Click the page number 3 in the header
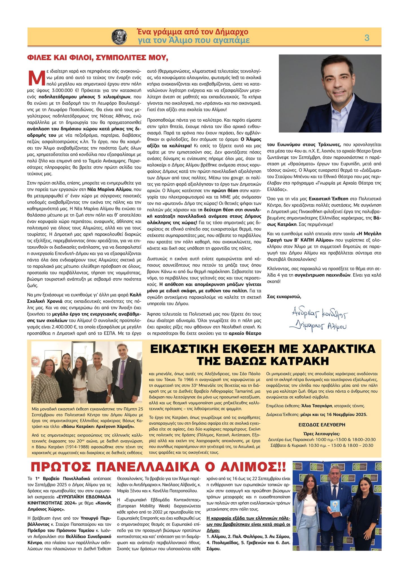[367, 38]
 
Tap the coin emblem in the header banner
[119, 37]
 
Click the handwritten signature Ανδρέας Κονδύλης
[319, 313]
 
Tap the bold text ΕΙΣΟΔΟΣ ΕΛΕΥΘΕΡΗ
[322, 425]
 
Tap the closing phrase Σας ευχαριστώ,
[284, 296]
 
